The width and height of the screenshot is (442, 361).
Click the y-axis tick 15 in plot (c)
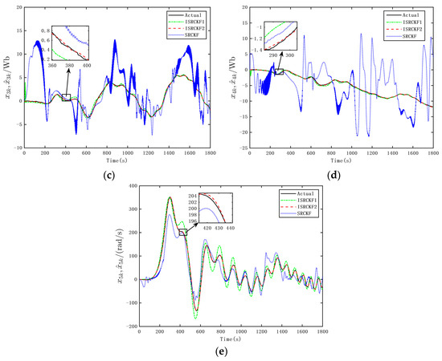pyautogui.click(x=18, y=6)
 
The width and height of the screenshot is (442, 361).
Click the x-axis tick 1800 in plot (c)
pyautogui.click(x=210, y=152)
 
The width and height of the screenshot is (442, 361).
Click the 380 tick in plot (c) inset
pyautogui.click(x=69, y=64)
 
